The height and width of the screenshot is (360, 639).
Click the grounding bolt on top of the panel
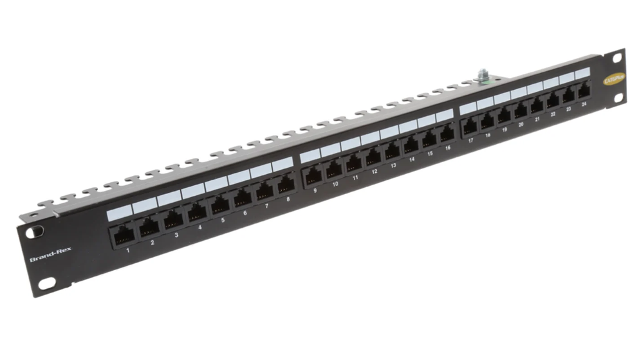coord(482,76)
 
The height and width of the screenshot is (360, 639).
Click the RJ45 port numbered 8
coord(286,185)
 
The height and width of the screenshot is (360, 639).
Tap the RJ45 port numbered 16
coord(446,134)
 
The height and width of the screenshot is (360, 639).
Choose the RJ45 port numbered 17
coord(470,127)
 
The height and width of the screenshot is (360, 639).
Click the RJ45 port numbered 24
coord(583,90)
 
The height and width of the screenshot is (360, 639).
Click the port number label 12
coord(374,171)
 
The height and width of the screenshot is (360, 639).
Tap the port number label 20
coord(521,125)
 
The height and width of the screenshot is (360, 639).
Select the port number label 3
coord(177,235)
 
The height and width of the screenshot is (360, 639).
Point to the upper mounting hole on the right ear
coord(617,58)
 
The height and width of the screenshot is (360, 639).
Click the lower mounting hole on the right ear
coord(619,97)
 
